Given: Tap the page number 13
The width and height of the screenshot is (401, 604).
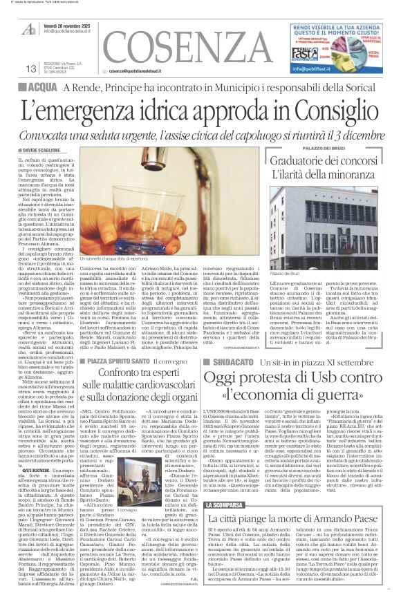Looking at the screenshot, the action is [30, 68].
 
